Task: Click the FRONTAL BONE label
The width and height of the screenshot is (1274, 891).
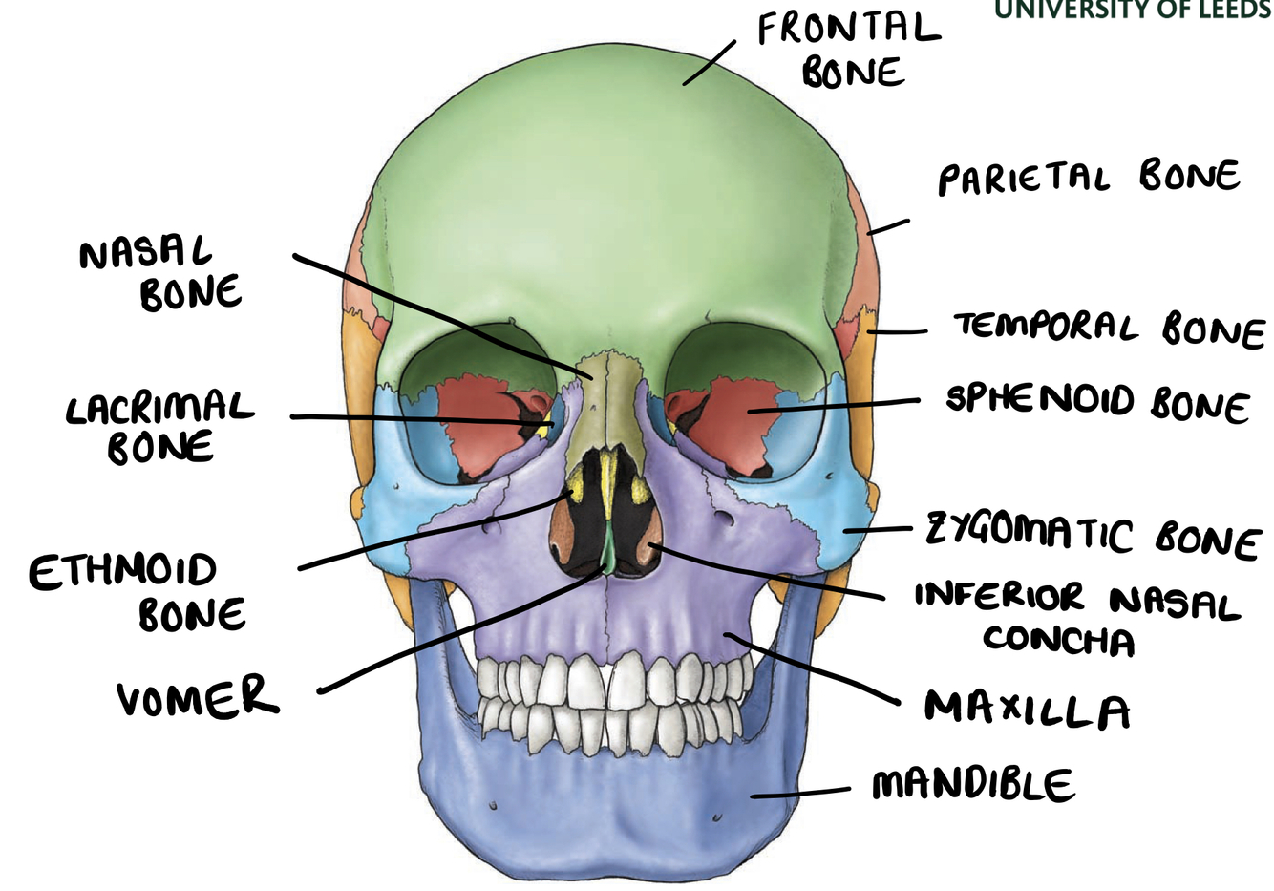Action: coord(848,51)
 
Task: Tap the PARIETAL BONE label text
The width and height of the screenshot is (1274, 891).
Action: coord(1089,178)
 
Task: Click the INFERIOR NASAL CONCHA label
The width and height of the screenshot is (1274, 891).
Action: coord(1075,619)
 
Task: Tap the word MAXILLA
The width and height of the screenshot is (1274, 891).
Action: coord(1027,710)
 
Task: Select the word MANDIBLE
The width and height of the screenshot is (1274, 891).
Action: coord(972,785)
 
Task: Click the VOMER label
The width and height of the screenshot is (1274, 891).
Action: coord(198,698)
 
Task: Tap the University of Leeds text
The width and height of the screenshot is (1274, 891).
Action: coord(1133,10)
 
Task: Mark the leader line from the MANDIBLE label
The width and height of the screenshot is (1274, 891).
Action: coord(800,792)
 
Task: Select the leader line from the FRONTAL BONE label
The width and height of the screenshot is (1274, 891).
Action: coord(709,63)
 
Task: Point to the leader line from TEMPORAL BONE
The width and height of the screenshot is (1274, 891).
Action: coord(898,332)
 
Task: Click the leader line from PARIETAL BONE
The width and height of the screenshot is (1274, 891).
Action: coord(888,226)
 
